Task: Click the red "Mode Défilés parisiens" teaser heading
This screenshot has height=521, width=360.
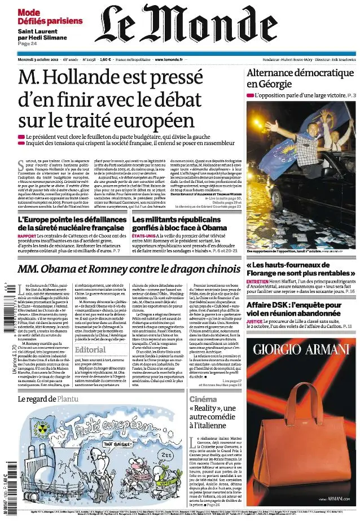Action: pos(49,17)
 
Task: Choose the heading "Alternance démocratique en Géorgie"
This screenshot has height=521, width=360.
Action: pos(300,78)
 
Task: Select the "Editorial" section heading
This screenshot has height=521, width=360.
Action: pos(90,350)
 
